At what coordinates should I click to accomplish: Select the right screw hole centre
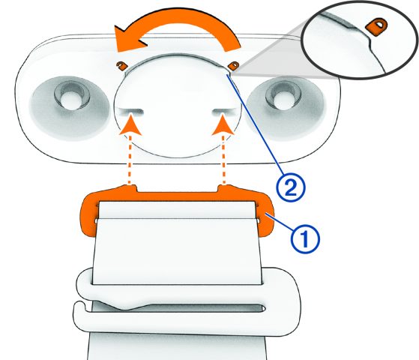(283, 97)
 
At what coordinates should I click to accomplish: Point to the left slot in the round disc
(130, 110)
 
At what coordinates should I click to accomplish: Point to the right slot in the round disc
(224, 110)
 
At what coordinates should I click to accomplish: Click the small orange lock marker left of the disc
(121, 65)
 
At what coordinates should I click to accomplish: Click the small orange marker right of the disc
(234, 65)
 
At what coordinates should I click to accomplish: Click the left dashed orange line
(130, 160)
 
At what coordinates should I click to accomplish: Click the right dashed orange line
(224, 160)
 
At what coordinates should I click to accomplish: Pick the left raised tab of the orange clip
(130, 187)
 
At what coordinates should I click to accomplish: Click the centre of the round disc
(178, 105)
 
